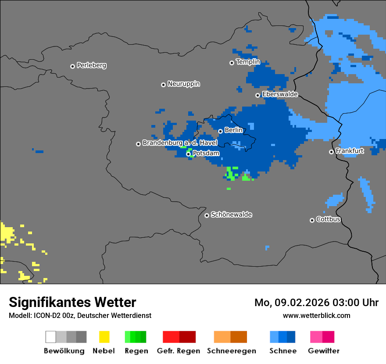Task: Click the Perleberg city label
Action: click(x=91, y=65)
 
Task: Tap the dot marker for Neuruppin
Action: click(x=163, y=85)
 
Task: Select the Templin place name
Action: click(x=248, y=62)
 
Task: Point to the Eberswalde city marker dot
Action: click(x=257, y=95)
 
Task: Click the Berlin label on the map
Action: click(x=233, y=130)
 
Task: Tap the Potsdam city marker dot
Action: click(x=188, y=154)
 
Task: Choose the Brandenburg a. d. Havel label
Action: click(x=180, y=143)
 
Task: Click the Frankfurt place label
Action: click(x=349, y=151)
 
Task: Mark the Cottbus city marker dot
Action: click(x=312, y=220)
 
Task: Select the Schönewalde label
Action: click(x=231, y=214)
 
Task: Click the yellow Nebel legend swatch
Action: click(x=104, y=337)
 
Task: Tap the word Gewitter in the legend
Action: click(x=323, y=351)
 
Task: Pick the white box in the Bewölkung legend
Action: click(x=51, y=337)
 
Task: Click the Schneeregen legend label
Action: click(x=231, y=351)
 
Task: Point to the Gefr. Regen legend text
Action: click(x=178, y=351)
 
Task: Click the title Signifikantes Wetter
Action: click(x=72, y=303)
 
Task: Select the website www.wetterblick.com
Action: click(x=316, y=315)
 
